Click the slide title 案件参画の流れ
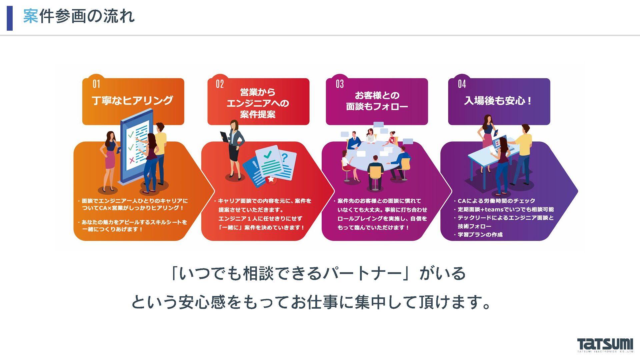(79, 16)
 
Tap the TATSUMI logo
(605, 345)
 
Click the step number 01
(96, 84)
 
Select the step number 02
(220, 84)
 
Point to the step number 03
(340, 84)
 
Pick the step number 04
(462, 84)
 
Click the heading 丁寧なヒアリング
(132, 100)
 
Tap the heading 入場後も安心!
(498, 100)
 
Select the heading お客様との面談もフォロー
(377, 101)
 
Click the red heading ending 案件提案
(258, 114)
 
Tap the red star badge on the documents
(271, 179)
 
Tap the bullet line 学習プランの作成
(480, 235)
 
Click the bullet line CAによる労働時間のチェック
(496, 201)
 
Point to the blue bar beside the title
(10, 18)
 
